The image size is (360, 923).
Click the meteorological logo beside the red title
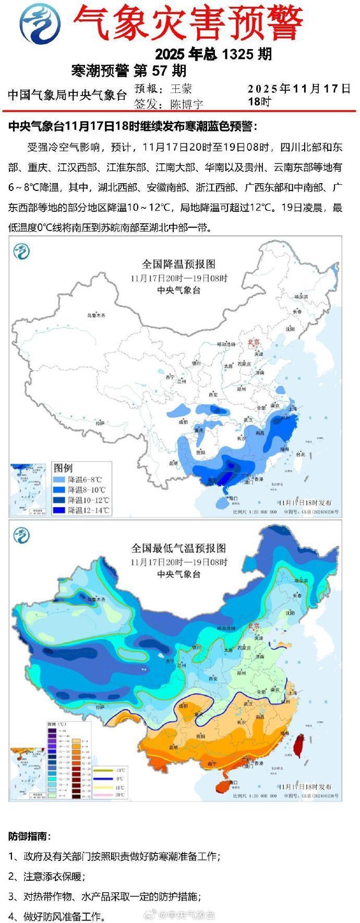[39, 23]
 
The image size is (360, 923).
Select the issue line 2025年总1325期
[213, 54]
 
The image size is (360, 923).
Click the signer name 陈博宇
[186, 104]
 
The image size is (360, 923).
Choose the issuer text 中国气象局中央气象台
[67, 95]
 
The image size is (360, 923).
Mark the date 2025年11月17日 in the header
[299, 88]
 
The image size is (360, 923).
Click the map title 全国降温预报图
[179, 264]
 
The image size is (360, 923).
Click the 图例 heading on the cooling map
[63, 467]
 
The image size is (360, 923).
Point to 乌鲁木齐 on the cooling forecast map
[96, 316]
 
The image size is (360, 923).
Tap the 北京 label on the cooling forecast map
[254, 342]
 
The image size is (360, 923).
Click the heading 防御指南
[30, 836]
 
